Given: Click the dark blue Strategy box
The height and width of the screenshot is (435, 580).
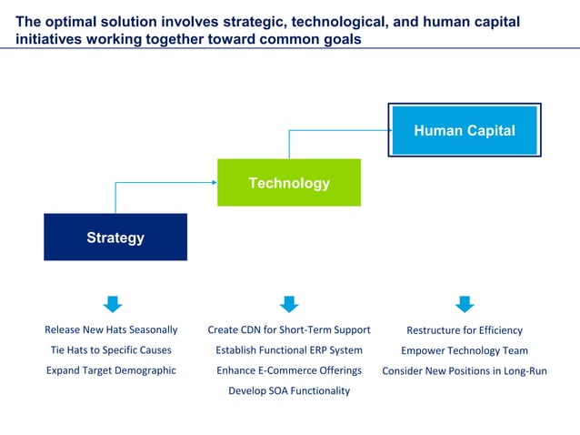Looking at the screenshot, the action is pyautogui.click(x=115, y=237).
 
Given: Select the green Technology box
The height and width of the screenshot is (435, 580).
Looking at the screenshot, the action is pyautogui.click(x=289, y=183).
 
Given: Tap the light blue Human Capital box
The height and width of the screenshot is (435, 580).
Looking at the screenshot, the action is pyautogui.click(x=465, y=130).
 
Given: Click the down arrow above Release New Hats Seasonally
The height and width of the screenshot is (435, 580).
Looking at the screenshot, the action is pyautogui.click(x=113, y=304).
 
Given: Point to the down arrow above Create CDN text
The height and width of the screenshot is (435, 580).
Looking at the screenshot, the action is pyautogui.click(x=289, y=304).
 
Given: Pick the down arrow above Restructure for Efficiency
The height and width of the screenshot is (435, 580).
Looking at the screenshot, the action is pyautogui.click(x=465, y=304).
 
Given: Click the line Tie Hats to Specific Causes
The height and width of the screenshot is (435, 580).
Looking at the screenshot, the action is pyautogui.click(x=111, y=350).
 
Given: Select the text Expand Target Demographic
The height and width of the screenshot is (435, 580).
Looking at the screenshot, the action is pyautogui.click(x=111, y=370).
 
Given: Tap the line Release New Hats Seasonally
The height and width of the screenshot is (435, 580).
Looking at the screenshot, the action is pyautogui.click(x=111, y=329).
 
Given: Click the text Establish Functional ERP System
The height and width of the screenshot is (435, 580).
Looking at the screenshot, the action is pyautogui.click(x=289, y=350).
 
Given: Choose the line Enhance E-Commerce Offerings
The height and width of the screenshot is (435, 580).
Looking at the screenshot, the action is pyautogui.click(x=289, y=370).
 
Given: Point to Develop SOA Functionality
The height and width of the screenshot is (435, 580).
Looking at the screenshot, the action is pyautogui.click(x=289, y=391).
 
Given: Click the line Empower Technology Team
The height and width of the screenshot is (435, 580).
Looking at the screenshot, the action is pyautogui.click(x=465, y=350).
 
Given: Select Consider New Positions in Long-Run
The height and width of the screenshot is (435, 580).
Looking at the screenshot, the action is pyautogui.click(x=465, y=371).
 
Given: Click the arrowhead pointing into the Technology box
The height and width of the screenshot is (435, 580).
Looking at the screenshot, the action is pyautogui.click(x=215, y=182).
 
